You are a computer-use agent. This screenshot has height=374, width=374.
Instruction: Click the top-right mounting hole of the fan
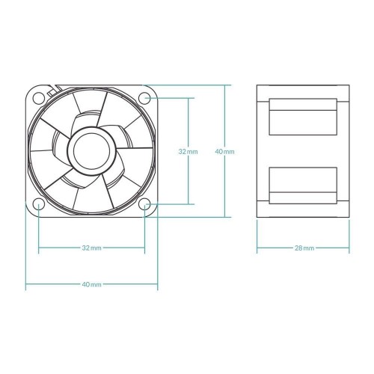pyautogui.click(x=145, y=96)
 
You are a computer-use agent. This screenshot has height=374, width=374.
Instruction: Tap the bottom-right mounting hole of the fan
pyautogui.click(x=145, y=203)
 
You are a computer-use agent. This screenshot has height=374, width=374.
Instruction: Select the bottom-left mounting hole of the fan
pyautogui.click(x=38, y=203)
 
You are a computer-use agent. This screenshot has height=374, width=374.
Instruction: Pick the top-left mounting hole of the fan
pyautogui.click(x=38, y=96)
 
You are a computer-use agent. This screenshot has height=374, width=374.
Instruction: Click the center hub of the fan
pyautogui.click(x=91, y=150)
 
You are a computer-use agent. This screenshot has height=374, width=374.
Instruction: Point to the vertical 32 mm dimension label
pyautogui.click(x=188, y=151)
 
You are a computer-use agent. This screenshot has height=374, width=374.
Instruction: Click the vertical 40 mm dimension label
pyautogui.click(x=224, y=151)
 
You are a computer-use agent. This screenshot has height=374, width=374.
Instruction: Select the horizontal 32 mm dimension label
pyautogui.click(x=91, y=248)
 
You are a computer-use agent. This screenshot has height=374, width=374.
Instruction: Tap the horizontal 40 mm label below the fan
pyautogui.click(x=91, y=285)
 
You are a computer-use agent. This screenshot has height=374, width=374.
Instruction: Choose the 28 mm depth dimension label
pyautogui.click(x=304, y=248)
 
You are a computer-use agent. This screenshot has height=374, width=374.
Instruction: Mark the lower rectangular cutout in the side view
pyautogui.click(x=304, y=183)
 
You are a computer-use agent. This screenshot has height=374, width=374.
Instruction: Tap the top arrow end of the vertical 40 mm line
pyautogui.click(x=224, y=85)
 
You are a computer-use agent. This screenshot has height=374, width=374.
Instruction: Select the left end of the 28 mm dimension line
pyautogui.click(x=257, y=248)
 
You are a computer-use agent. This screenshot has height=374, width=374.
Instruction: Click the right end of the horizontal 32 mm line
pyautogui.click(x=145, y=248)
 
